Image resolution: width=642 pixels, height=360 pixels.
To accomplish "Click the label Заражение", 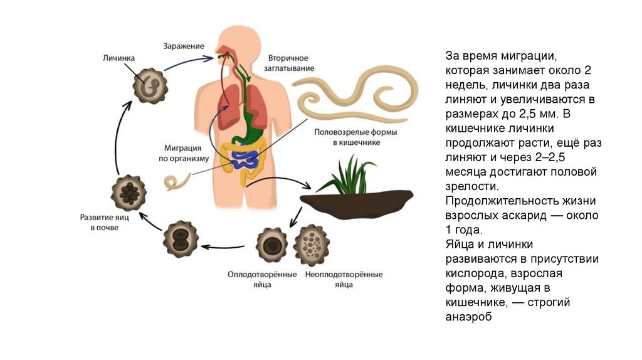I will point(184,46).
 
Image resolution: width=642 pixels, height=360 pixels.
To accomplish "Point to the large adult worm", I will point(357,94).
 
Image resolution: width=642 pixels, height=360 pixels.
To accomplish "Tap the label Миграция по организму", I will point(182,153).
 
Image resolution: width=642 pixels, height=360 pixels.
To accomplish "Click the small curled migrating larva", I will point(179,182).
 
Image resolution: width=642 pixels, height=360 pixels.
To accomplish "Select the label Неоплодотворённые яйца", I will point(343,279).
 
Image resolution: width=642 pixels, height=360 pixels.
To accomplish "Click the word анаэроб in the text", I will point(467,317).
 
